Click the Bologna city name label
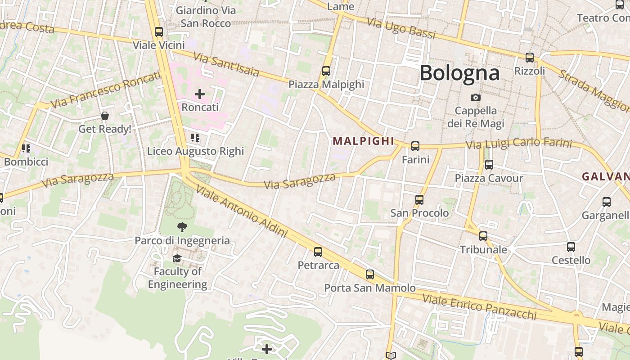pos(459,73)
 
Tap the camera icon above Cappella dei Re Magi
pos(475,97)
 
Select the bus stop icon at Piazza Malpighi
pos(326,71)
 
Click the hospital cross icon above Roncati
pos(200,94)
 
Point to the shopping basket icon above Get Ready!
pos(105,116)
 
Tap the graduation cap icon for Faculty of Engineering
pos(177,258)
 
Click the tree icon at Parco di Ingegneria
pos(182,227)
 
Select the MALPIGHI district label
pos(364,141)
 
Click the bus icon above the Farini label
pos(415,146)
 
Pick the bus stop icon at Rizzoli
pos(530,58)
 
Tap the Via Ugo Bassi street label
pos(401,28)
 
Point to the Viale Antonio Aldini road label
pos(242,211)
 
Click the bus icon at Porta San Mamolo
pos(370,274)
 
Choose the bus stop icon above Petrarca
pos(318,252)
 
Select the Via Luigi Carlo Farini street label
pos(518,144)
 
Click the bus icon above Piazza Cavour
pos(489,165)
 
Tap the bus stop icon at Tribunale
pos(483,236)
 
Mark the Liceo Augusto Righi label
pos(195,151)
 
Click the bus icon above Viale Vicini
pos(158,32)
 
